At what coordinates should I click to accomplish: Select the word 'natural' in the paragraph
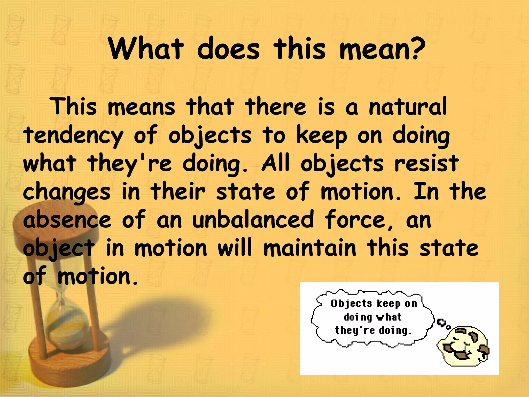(408, 106)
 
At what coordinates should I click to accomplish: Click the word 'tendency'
(73, 136)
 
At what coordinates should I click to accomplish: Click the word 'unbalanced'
(253, 220)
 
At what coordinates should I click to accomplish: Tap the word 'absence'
(67, 220)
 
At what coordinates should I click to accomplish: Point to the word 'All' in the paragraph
(275, 164)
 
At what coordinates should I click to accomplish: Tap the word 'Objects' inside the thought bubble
(351, 304)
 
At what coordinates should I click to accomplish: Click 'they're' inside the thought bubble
(355, 331)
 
